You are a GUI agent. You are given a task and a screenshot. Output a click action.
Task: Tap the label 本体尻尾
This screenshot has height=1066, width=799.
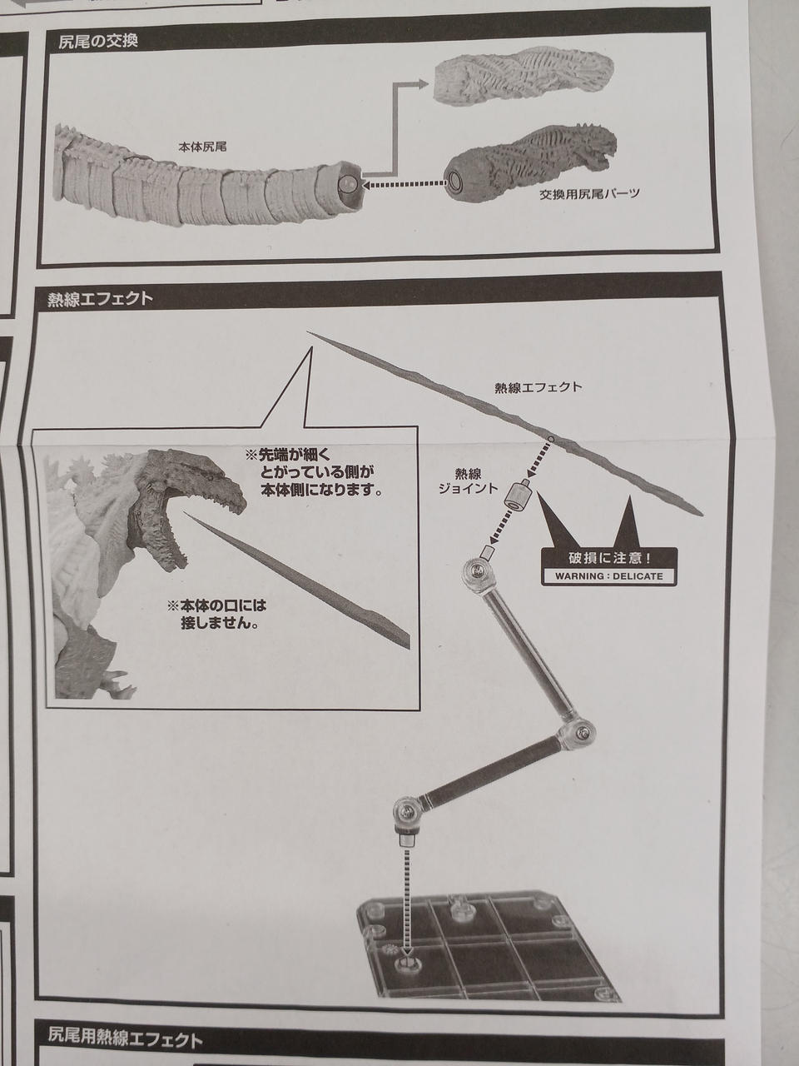tap(203, 146)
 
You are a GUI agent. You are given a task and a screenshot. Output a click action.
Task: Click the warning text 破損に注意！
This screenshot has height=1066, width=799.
tap(608, 559)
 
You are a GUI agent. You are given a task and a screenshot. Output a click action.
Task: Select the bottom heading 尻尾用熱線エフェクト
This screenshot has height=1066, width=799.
tap(125, 1039)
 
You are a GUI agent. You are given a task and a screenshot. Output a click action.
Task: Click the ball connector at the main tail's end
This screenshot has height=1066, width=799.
tap(349, 183)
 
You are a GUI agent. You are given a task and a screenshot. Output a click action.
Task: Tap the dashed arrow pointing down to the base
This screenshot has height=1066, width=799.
tap(406, 883)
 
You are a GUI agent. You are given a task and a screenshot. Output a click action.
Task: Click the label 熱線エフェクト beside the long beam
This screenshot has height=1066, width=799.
tap(538, 387)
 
